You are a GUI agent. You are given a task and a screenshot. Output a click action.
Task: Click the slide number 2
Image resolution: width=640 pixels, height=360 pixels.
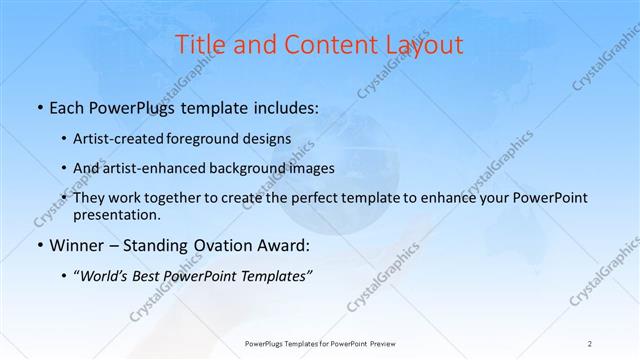pyautogui.click(x=591, y=343)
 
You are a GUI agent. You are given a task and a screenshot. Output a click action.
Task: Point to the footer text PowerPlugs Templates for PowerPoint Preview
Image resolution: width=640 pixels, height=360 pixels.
pyautogui.click(x=319, y=343)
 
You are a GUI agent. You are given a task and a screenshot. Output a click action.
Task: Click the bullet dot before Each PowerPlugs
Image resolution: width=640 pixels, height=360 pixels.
pyautogui.click(x=38, y=105)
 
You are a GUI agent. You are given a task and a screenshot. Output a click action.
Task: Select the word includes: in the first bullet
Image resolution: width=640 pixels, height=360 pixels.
pyautogui.click(x=286, y=105)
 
